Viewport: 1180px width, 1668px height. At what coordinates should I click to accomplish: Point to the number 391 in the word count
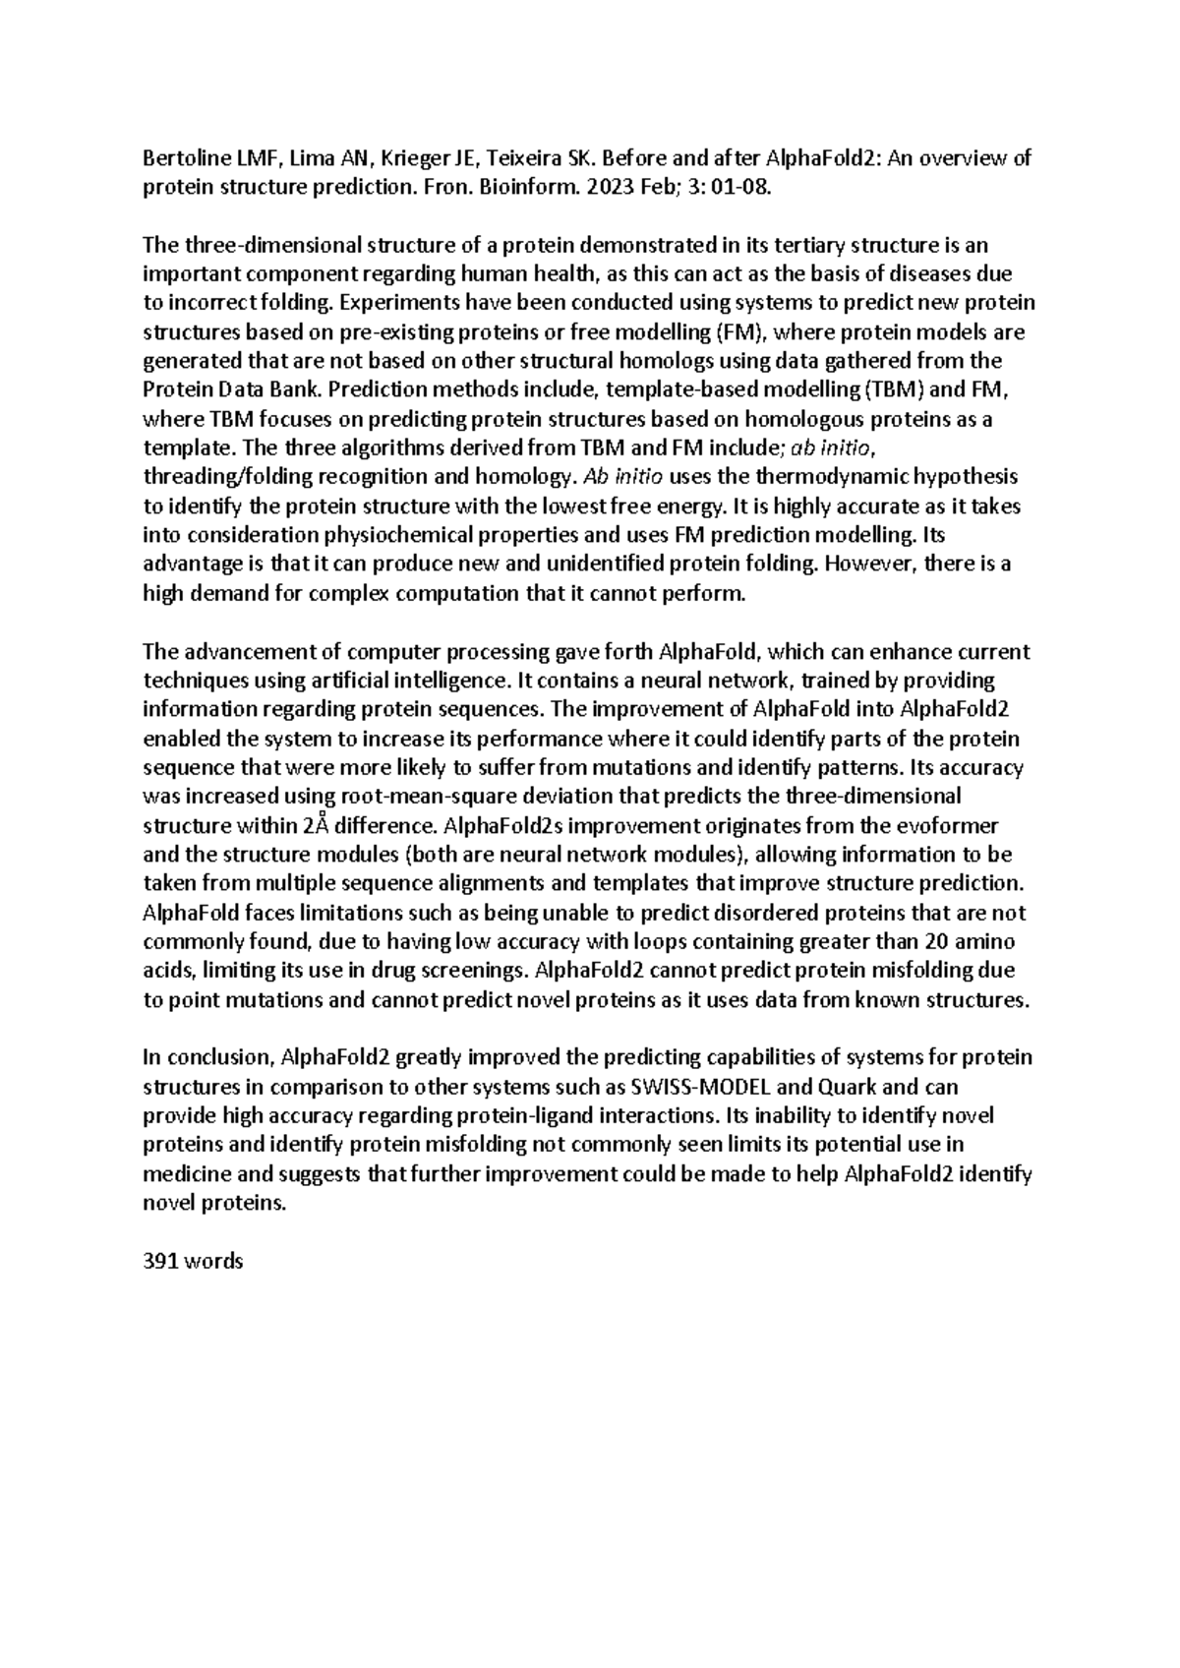click(x=160, y=1262)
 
